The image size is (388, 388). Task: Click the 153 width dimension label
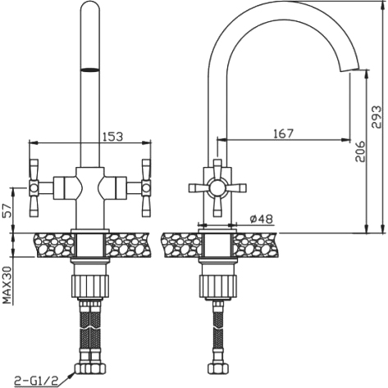112,137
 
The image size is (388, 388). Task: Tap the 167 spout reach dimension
283,133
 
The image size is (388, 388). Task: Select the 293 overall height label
377,117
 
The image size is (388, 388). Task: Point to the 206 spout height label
360,151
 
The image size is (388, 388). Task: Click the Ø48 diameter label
262,219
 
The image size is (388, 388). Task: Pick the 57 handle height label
8,210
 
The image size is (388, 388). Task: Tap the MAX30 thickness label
8,285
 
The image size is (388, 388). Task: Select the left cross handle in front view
34,188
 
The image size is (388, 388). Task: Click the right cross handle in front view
146,188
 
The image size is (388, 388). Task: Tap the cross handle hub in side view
217,188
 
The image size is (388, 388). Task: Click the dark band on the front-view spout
90,70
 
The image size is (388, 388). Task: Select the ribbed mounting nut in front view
90,286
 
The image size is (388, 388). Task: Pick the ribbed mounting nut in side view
217,286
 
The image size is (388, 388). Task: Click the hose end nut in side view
217,368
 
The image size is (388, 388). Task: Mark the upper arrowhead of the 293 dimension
381,4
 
